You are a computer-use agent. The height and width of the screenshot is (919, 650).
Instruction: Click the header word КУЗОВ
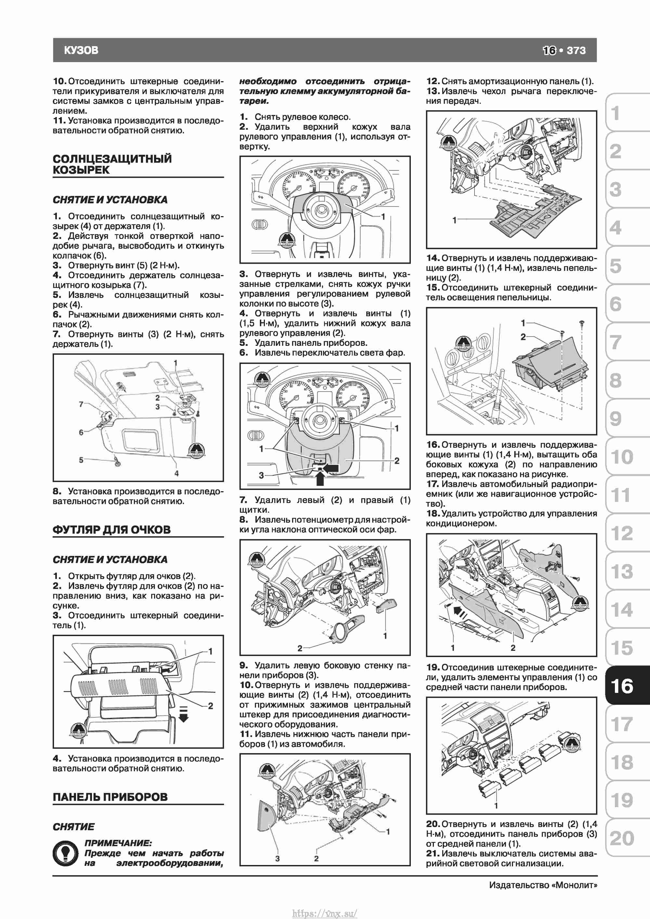(81, 50)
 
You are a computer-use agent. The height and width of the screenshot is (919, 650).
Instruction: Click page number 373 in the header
(576, 50)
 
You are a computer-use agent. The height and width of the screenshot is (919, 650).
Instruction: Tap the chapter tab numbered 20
(622, 838)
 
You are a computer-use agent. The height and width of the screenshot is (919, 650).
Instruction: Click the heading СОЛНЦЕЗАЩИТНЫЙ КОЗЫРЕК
(112, 164)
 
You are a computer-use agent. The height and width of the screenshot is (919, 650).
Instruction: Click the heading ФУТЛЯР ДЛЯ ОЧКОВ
(112, 530)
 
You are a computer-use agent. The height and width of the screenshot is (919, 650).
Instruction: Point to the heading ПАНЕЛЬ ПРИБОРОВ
(110, 797)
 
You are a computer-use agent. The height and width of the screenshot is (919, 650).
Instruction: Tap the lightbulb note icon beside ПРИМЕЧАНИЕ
(65, 853)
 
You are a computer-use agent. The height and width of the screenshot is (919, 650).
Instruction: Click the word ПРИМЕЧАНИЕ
(118, 843)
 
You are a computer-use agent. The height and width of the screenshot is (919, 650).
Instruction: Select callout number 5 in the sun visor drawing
(81, 460)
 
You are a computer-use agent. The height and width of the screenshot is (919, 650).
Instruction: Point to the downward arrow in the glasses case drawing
(183, 715)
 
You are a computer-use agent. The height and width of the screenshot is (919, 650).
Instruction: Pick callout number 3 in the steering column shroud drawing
(261, 475)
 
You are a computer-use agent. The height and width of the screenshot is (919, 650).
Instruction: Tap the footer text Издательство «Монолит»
(543, 885)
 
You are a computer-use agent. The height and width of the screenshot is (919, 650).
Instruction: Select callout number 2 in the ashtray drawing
(523, 337)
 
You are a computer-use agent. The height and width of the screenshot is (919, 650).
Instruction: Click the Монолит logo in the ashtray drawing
(463, 343)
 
